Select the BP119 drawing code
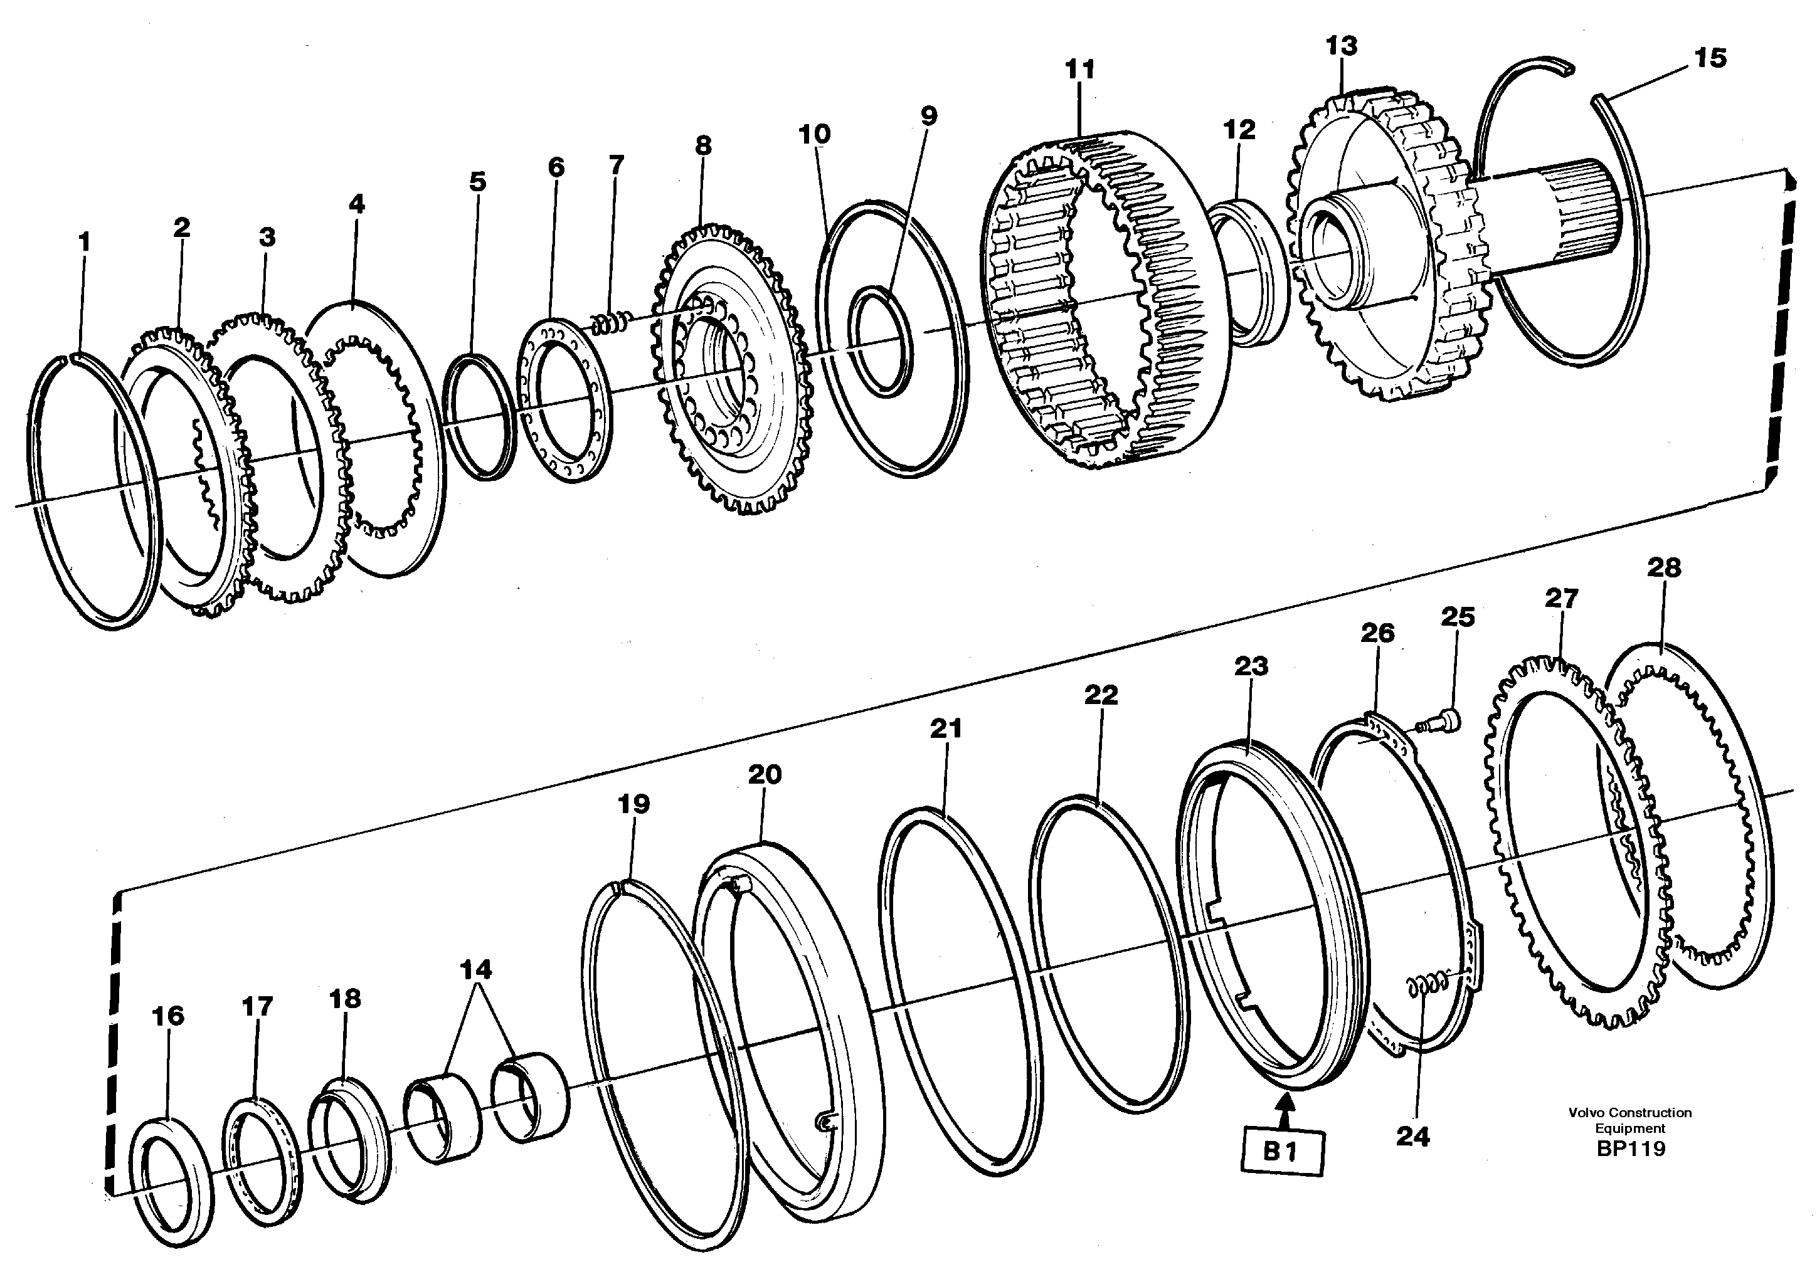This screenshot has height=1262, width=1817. pyautogui.click(x=1630, y=1148)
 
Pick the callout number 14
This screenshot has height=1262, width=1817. pyautogui.click(x=475, y=969)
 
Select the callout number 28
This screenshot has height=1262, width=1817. pyautogui.click(x=1663, y=567)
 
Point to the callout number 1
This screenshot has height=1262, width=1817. pyautogui.click(x=85, y=241)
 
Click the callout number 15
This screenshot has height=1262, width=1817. pyautogui.click(x=1710, y=58)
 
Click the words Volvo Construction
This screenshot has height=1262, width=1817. pyautogui.click(x=1629, y=1113)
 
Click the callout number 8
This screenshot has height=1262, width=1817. pyautogui.click(x=702, y=145)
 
